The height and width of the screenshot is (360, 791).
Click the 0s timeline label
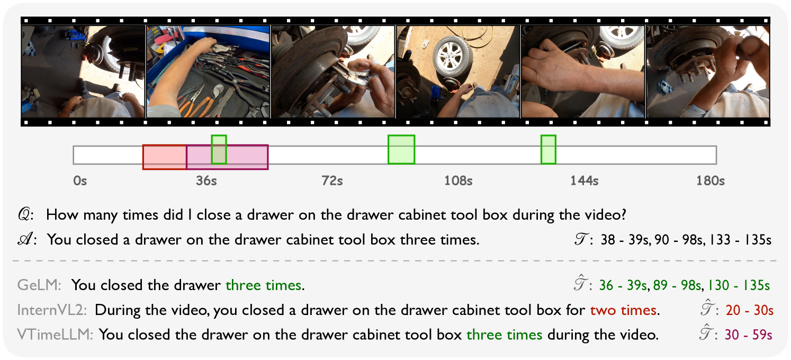(80, 181)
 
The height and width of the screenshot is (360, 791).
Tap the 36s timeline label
(206, 181)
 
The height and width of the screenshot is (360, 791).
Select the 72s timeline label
(332, 181)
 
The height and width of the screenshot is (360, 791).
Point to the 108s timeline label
(458, 181)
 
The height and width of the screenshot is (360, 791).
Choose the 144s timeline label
(584, 181)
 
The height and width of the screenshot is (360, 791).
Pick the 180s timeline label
(710, 181)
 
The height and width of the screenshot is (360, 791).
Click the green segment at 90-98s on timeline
(401, 149)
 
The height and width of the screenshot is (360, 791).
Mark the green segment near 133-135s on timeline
(549, 149)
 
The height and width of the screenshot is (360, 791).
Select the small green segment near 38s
(219, 149)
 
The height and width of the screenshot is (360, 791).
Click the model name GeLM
(39, 285)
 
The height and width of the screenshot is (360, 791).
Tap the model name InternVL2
(52, 310)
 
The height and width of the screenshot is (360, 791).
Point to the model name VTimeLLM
(55, 335)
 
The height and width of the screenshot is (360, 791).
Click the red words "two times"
(623, 310)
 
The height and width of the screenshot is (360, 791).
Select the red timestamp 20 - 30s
(749, 310)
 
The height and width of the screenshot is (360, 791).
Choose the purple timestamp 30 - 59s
(748, 335)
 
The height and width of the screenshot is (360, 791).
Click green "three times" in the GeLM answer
(264, 285)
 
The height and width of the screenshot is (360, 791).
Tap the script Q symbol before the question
(25, 214)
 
